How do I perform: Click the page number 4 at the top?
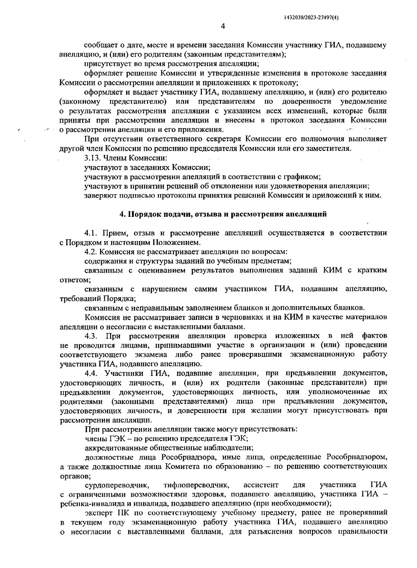coord(223,27)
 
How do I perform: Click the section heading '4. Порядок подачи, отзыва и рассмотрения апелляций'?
coord(223,214)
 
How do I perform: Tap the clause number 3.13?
coord(91,158)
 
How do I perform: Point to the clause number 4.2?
coord(91,252)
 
